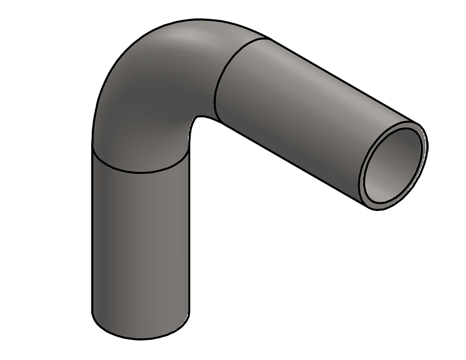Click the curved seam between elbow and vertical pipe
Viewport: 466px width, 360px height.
click(x=140, y=172)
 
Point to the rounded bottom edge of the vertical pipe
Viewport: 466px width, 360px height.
click(x=140, y=338)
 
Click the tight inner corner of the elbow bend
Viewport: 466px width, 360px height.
click(x=196, y=118)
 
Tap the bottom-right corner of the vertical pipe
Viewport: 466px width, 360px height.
click(x=189, y=313)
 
